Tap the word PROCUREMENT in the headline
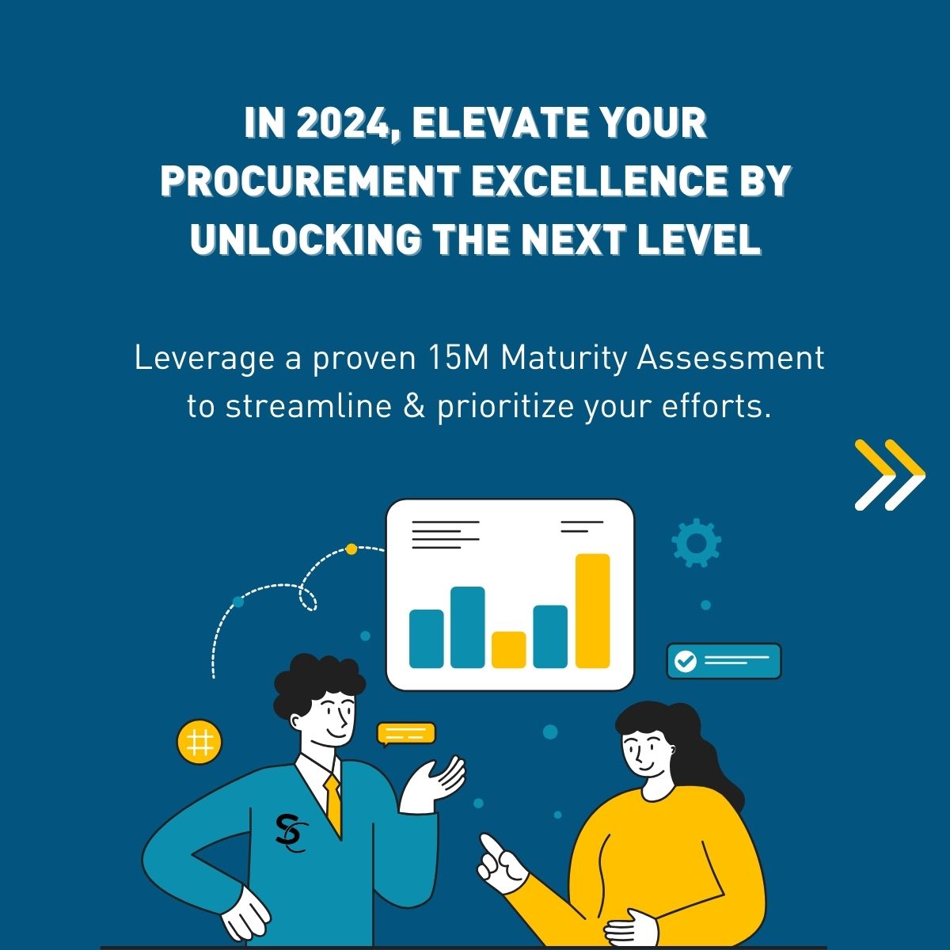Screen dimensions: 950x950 [310, 181]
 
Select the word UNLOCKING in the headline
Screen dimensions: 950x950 [306, 238]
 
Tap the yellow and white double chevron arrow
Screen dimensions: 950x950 [890, 474]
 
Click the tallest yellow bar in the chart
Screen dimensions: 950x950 [593, 611]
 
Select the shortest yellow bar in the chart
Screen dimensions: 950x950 [509, 650]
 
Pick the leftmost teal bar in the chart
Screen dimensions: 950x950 [427, 639]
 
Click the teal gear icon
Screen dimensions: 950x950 [696, 542]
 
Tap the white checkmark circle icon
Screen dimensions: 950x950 [686, 661]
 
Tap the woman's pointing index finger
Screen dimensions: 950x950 [493, 847]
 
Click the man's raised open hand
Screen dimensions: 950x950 [434, 784]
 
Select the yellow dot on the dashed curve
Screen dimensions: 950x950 [351, 549]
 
